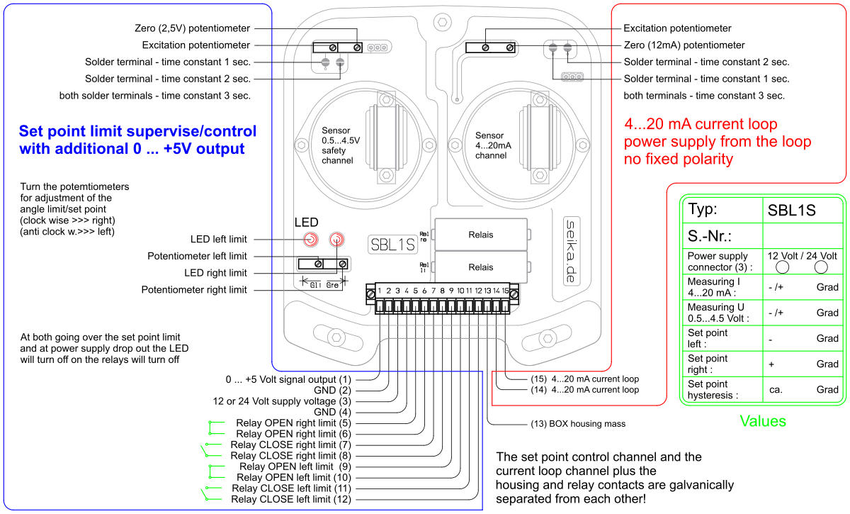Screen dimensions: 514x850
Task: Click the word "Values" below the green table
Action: click(763, 421)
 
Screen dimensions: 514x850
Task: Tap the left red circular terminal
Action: click(310, 240)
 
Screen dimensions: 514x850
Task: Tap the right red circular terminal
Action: click(336, 240)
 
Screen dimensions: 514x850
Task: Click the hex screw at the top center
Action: click(443, 22)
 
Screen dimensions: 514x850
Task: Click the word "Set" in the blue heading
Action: click(32, 132)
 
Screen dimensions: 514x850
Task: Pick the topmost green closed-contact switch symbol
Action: click(215, 427)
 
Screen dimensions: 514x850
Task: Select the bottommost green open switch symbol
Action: click(212, 493)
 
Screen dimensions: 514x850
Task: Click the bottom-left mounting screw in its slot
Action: click(337, 336)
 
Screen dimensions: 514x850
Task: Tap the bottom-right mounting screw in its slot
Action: click(545, 338)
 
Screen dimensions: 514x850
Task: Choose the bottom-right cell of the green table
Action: click(802, 389)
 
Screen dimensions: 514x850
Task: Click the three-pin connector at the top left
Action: click(378, 48)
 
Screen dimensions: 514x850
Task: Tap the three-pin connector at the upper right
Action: click(572, 76)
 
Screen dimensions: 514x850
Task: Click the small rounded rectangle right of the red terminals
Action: click(393, 244)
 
